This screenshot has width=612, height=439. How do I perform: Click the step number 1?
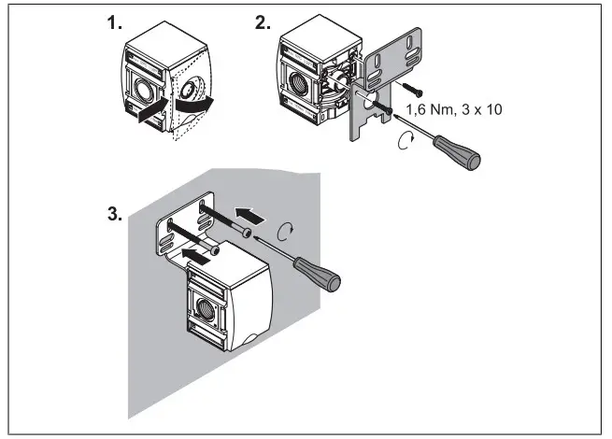[115, 25]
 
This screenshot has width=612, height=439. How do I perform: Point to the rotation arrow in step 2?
[405, 140]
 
